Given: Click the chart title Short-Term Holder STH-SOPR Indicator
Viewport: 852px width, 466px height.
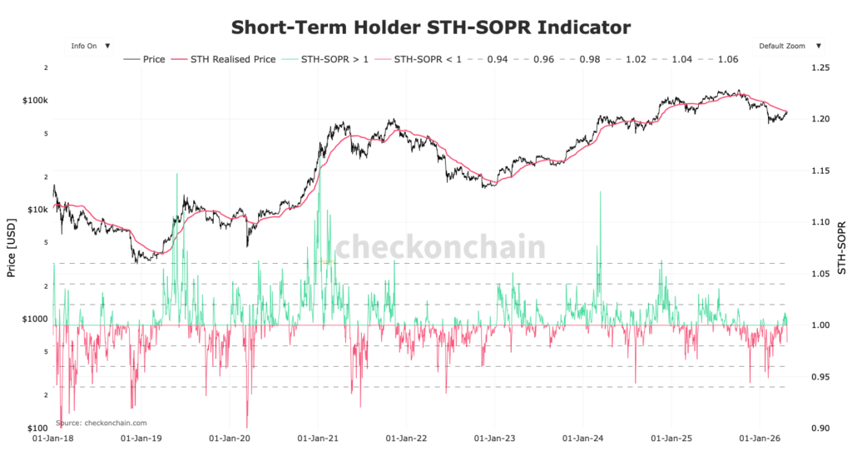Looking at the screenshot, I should pyautogui.click(x=430, y=27).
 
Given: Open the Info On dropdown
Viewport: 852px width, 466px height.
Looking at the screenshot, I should pyautogui.click(x=90, y=47).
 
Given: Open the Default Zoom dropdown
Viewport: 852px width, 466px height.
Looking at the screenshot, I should pyautogui.click(x=789, y=47).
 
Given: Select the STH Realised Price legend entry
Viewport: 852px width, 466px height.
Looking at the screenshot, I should pyautogui.click(x=225, y=60).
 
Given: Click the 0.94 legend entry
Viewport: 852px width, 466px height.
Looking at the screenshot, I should pyautogui.click(x=497, y=60).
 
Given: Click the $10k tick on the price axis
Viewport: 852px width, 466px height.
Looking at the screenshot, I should pyautogui.click(x=38, y=210).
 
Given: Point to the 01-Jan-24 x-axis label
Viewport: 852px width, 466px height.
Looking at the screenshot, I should pyautogui.click(x=583, y=436).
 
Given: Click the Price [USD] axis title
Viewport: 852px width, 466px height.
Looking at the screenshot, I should pyautogui.click(x=11, y=247).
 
